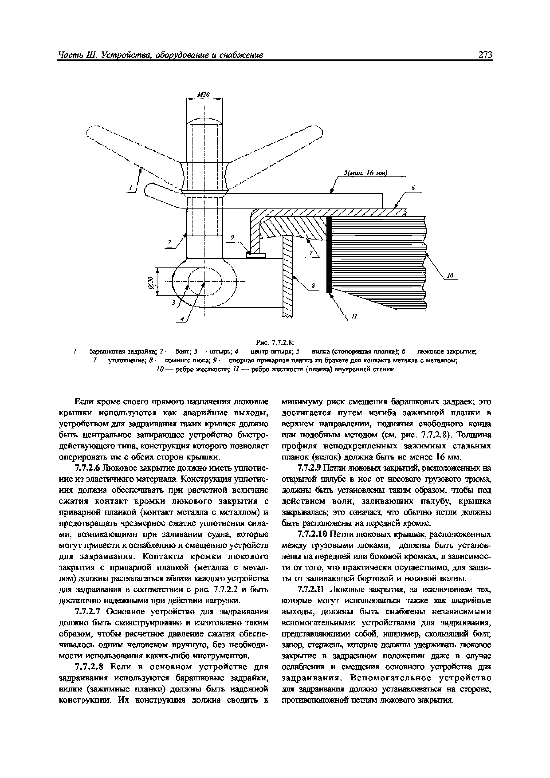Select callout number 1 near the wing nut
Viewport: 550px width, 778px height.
tap(130, 188)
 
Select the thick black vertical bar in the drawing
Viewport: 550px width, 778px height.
tap(328, 254)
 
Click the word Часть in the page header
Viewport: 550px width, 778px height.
tap(69, 55)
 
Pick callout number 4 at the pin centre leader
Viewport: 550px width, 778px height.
tap(182, 319)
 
